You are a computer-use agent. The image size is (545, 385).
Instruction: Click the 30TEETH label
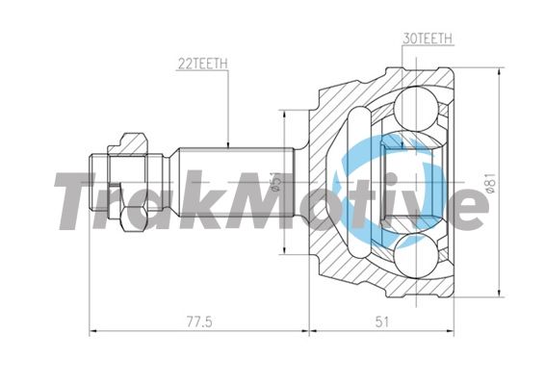pyautogui.click(x=426, y=39)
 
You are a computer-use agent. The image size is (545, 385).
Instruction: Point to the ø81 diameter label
pyautogui.click(x=490, y=182)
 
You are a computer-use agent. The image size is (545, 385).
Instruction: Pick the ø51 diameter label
pyautogui.click(x=274, y=182)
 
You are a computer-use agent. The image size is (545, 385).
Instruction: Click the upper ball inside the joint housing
pyautogui.click(x=414, y=104)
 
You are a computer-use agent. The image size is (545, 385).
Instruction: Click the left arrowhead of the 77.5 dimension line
pyautogui.click(x=91, y=330)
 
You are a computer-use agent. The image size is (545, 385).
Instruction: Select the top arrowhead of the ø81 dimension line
pyautogui.click(x=501, y=69)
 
